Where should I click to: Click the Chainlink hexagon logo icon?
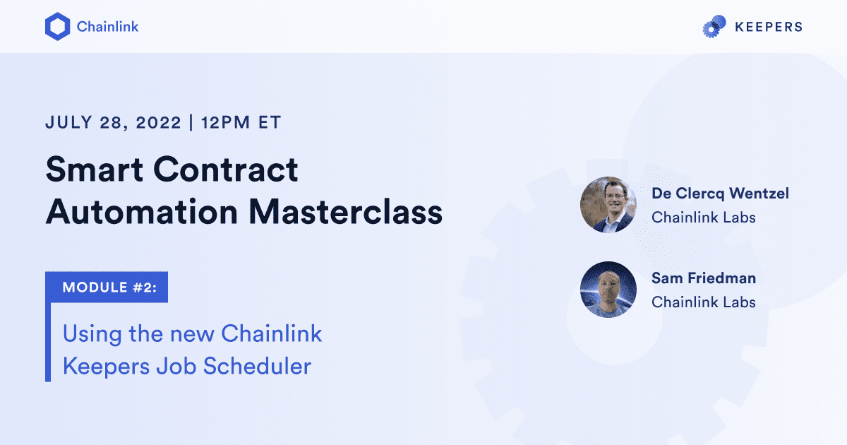coord(56,27)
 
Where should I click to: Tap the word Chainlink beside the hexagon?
coord(107,27)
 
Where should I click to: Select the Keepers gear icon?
coord(714,27)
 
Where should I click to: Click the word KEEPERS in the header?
coord(769,27)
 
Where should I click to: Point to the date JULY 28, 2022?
coord(111,122)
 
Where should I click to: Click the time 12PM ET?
coord(241,122)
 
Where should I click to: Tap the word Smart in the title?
coord(90,171)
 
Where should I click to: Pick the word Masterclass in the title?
coord(347,211)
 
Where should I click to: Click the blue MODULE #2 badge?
coord(107,287)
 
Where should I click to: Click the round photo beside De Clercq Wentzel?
coord(608,205)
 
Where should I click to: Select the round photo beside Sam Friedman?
coord(608,290)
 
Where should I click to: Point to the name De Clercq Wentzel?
coord(720,193)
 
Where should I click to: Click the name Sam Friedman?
coord(703,278)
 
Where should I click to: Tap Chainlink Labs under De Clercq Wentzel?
coord(703,218)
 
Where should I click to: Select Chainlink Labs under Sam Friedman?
coord(703,302)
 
